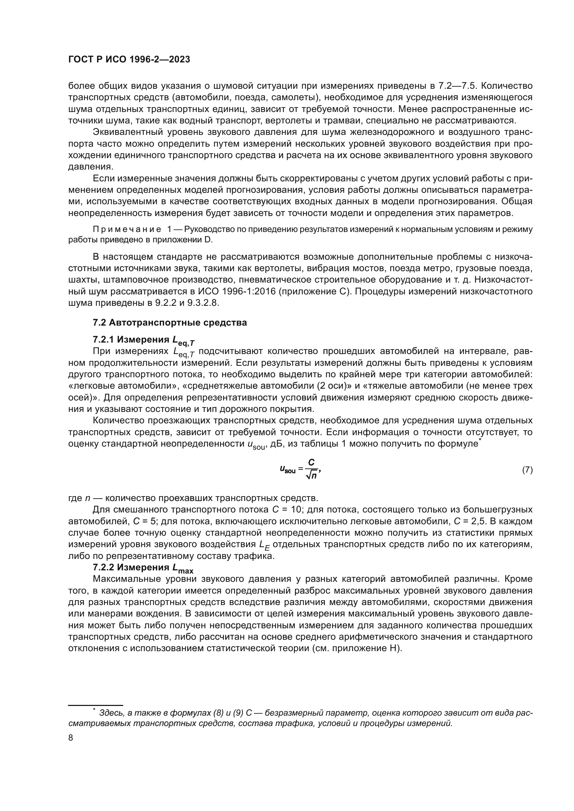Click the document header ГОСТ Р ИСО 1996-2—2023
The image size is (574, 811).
point(129,59)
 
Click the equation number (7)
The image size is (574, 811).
point(527,470)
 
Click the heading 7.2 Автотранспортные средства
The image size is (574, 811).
point(170,322)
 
